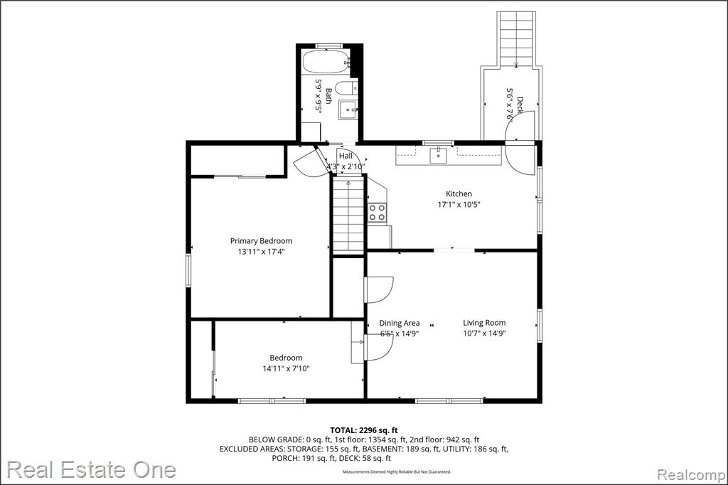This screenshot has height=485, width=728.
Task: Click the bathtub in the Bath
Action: pos(326,61)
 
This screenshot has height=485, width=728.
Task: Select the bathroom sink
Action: pos(348,110)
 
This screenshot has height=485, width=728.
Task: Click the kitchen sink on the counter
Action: pos(438,156)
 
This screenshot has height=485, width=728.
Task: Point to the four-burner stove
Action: pos(377,213)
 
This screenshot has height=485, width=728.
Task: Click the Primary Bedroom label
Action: pos(262,240)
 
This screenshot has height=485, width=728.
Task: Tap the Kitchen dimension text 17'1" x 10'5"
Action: pos(459,204)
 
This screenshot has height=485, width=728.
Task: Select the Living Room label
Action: pos(484,322)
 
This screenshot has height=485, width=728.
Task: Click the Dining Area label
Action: pos(400,323)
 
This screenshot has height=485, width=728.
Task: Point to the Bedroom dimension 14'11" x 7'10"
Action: pos(286,368)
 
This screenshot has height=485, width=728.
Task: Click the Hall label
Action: pos(346,156)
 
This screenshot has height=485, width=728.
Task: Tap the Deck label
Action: pos(520,105)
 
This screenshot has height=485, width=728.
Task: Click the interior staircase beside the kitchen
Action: pos(348,215)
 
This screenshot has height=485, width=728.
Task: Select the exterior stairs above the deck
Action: pos(516,39)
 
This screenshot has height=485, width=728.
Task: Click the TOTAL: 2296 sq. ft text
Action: pos(364,430)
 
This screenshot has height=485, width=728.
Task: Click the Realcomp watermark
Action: pos(691,475)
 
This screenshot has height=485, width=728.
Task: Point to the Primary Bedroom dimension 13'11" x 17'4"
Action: pos(262,252)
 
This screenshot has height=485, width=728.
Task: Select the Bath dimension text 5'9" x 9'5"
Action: pos(318,97)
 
